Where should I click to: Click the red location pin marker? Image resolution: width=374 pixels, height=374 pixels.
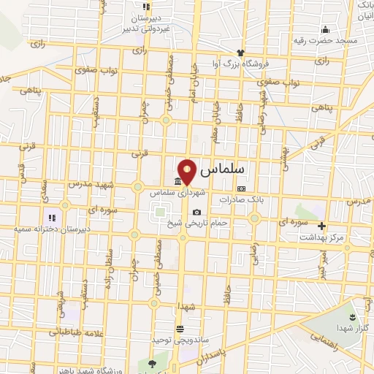188,172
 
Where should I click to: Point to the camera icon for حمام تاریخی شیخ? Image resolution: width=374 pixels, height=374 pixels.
196,213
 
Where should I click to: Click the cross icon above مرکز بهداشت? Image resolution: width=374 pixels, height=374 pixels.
321,226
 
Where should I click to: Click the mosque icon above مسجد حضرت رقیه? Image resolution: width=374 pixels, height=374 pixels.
325,29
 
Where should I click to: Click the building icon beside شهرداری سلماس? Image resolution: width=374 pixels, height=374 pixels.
178,183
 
